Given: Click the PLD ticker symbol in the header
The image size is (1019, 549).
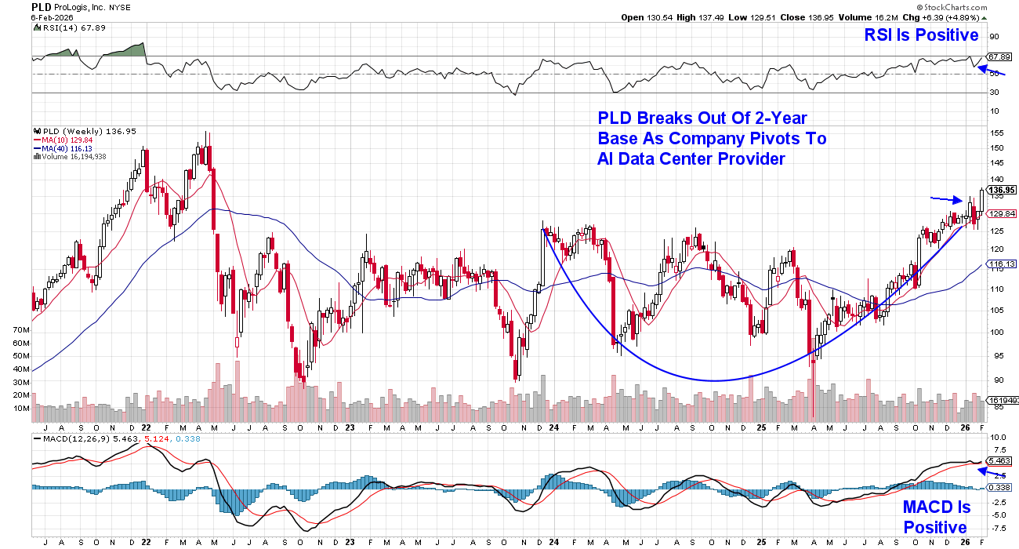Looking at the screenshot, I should pyautogui.click(x=42, y=6).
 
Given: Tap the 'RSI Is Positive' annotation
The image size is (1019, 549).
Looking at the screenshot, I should pyautogui.click(x=921, y=35).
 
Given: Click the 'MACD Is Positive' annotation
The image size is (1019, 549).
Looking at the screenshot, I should pyautogui.click(x=936, y=518).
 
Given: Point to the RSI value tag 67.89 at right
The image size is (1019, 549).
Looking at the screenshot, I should pyautogui.click(x=999, y=56).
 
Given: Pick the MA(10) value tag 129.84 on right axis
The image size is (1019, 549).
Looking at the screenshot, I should pyautogui.click(x=1002, y=213).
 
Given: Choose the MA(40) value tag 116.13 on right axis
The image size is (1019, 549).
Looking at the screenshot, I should pyautogui.click(x=1002, y=264).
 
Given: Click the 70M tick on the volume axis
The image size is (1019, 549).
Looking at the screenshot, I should pyautogui.click(x=20, y=331).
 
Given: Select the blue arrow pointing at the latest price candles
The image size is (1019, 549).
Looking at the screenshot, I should pyautogui.click(x=946, y=199).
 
